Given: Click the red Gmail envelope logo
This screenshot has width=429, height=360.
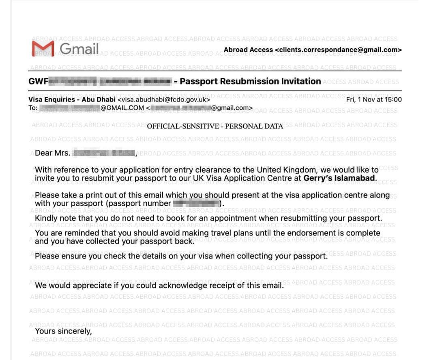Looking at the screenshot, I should (43, 49).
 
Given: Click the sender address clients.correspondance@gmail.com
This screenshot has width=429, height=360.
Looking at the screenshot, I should (338, 50).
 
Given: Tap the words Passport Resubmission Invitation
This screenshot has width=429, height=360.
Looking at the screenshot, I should (250, 81).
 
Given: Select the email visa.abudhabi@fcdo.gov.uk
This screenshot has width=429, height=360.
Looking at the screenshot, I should (164, 99).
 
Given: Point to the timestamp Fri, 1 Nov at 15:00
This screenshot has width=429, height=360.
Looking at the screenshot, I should (374, 99).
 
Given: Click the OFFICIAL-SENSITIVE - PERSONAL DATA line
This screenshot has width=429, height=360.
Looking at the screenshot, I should (215, 126).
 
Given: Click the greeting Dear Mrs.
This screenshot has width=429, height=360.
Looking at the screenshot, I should (53, 153).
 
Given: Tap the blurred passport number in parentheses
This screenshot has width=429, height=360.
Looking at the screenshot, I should (196, 203).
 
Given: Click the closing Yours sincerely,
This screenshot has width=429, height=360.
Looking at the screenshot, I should (63, 331).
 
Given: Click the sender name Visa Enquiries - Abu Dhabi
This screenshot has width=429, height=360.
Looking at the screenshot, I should (72, 99).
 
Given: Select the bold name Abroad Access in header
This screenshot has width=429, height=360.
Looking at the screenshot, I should (248, 50).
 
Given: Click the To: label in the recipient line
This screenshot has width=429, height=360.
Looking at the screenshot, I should (33, 108).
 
